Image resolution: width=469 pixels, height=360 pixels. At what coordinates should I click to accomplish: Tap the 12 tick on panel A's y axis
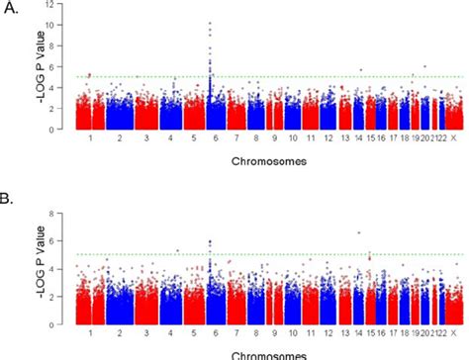(x=62, y=7)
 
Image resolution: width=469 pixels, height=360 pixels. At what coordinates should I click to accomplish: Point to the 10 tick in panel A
(x=62, y=24)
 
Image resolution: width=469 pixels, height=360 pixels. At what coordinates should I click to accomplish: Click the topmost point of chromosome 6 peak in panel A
(x=209, y=22)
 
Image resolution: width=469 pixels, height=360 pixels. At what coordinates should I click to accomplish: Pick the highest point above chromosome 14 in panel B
(x=358, y=232)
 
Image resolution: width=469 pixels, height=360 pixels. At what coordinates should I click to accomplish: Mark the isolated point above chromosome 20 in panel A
(x=424, y=66)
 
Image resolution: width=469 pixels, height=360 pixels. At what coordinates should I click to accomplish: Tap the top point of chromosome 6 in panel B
(x=209, y=240)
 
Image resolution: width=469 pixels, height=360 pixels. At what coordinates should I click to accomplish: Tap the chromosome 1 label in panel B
(x=90, y=332)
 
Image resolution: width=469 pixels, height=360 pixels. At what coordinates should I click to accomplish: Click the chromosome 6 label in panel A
(x=210, y=139)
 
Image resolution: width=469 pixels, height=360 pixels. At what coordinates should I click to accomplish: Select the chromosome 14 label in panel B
(x=360, y=332)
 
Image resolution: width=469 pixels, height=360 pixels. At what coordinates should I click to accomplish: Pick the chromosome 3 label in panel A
(x=146, y=139)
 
